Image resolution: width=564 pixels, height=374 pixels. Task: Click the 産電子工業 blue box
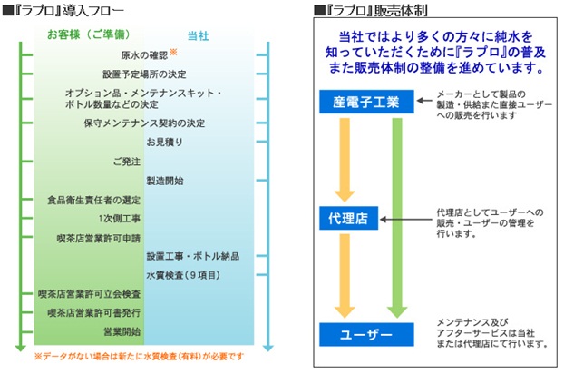click(366, 102)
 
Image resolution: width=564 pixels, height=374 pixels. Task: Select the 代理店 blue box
click(348, 218)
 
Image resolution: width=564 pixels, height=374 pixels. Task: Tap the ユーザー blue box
click(366, 334)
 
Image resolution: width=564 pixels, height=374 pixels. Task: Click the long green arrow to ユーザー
click(397, 218)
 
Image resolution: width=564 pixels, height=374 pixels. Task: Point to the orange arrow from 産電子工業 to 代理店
click(345, 160)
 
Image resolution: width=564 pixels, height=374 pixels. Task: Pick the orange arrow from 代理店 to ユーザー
click(345, 276)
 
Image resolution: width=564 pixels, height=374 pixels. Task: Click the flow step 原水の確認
click(144, 55)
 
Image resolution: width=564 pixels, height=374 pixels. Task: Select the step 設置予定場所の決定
click(144, 74)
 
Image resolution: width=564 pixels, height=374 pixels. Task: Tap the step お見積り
click(165, 142)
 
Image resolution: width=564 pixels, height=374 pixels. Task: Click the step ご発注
click(127, 162)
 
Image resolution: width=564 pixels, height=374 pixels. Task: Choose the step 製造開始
click(165, 181)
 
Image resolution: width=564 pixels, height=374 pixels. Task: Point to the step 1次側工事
click(120, 219)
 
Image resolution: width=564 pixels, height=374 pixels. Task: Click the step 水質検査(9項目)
click(183, 275)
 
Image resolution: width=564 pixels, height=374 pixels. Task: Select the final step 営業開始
click(122, 331)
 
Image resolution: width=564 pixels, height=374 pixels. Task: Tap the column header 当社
click(199, 36)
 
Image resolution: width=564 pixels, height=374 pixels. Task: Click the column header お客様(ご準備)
click(89, 34)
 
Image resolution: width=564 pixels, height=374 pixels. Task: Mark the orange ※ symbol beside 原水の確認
click(173, 52)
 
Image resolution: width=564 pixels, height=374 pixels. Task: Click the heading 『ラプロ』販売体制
click(371, 10)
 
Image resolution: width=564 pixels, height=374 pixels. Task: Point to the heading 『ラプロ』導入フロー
click(63, 10)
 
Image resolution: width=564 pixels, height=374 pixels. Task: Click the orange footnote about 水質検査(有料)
click(139, 357)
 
